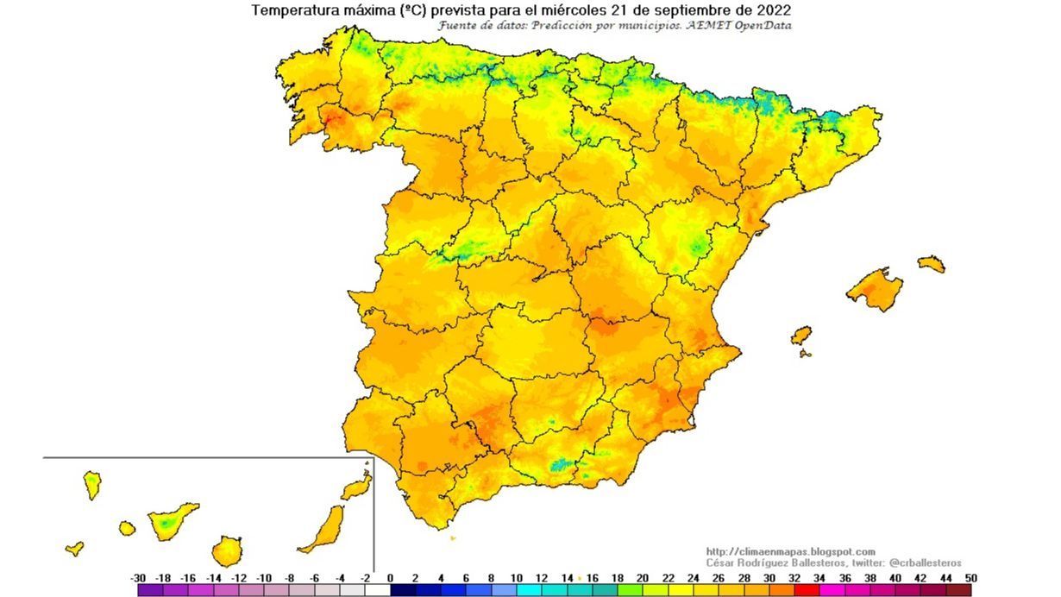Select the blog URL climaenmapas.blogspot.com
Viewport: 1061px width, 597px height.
click(x=790, y=552)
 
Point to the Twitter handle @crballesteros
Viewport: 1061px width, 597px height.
click(x=924, y=562)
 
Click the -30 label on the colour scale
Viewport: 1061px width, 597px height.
click(x=137, y=578)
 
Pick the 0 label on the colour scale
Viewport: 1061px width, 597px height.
click(x=390, y=578)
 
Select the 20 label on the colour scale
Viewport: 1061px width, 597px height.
click(x=643, y=578)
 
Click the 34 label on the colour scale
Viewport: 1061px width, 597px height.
click(x=819, y=578)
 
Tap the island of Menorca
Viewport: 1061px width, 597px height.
click(x=932, y=263)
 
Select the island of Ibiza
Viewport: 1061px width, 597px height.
click(x=801, y=335)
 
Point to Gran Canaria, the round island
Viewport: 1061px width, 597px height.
click(x=227, y=550)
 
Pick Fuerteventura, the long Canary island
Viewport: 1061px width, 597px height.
click(x=323, y=528)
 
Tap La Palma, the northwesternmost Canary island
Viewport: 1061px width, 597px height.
click(x=92, y=484)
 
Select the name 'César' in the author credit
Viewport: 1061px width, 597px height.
click(x=723, y=562)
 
